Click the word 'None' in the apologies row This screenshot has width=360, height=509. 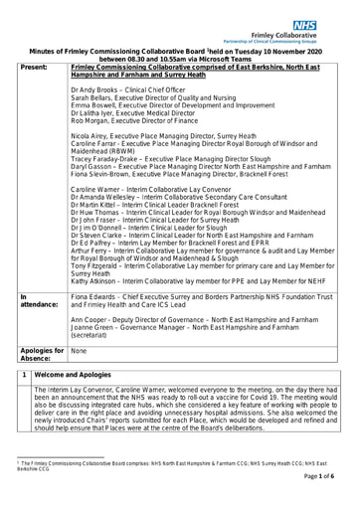(x=80, y=351)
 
